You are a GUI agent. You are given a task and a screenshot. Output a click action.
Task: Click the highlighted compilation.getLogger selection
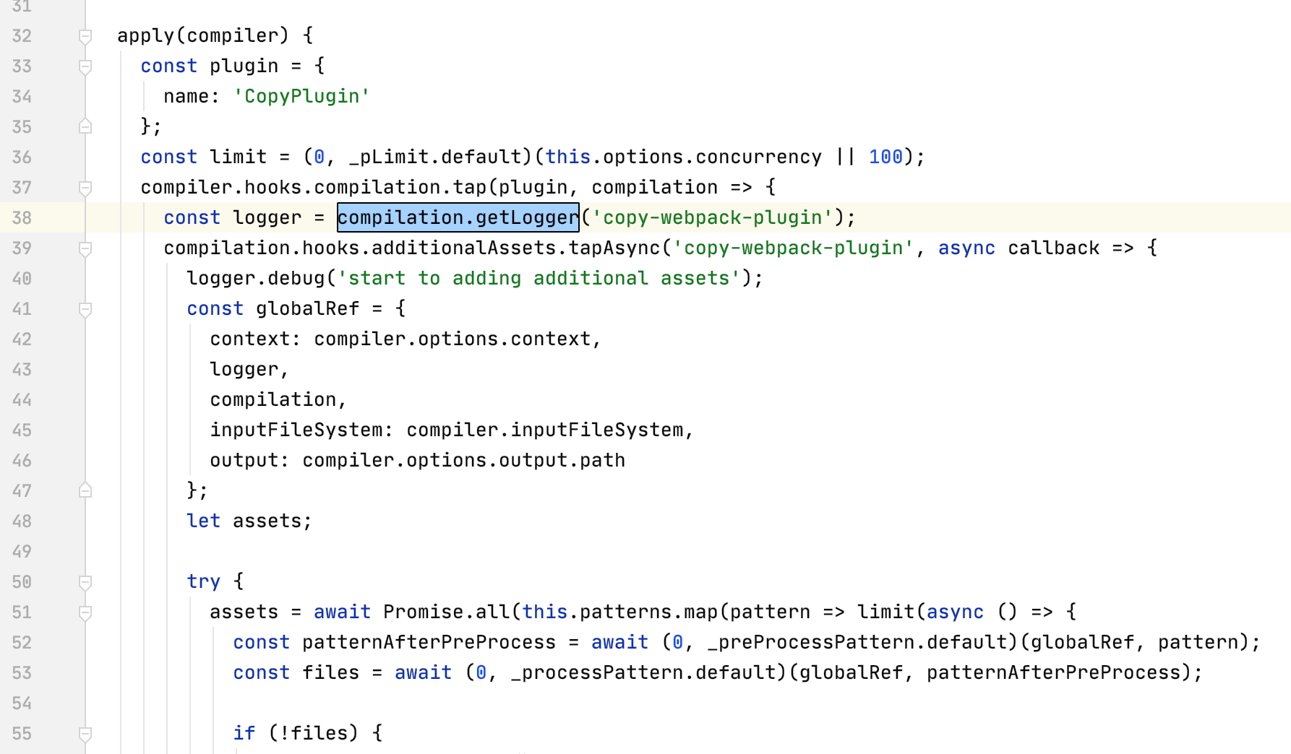pos(458,217)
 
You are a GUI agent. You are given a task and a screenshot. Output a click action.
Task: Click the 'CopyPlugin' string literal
pos(301,96)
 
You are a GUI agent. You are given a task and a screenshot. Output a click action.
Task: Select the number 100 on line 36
pos(885,157)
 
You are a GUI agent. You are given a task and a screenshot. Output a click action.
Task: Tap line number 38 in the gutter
pos(22,217)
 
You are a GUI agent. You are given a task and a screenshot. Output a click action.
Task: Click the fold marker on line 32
pos(85,36)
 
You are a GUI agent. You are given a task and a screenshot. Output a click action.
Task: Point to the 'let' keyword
pos(203,521)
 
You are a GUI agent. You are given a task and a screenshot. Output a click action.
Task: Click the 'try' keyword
pos(203,581)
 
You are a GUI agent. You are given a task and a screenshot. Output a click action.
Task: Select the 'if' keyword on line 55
pos(244,733)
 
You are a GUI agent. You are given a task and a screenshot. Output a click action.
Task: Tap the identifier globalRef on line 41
pos(307,308)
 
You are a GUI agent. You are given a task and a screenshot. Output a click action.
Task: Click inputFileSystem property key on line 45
pos(296,430)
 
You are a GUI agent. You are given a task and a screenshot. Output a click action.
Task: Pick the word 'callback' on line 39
pos(1053,248)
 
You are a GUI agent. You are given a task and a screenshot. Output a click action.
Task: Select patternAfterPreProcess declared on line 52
pos(429,642)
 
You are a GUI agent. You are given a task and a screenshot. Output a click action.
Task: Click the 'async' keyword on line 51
pos(955,612)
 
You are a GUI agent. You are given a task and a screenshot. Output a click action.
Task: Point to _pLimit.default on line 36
pos(434,157)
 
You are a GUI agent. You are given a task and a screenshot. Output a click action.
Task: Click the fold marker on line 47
pos(85,490)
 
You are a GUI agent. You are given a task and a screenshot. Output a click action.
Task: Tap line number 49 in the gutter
pos(22,551)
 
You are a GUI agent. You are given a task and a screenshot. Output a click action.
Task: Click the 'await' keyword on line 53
pos(423,672)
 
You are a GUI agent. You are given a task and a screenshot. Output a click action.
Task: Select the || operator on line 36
pos(845,157)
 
